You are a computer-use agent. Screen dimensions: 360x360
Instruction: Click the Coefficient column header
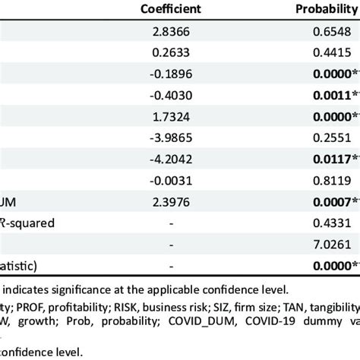[177, 10]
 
